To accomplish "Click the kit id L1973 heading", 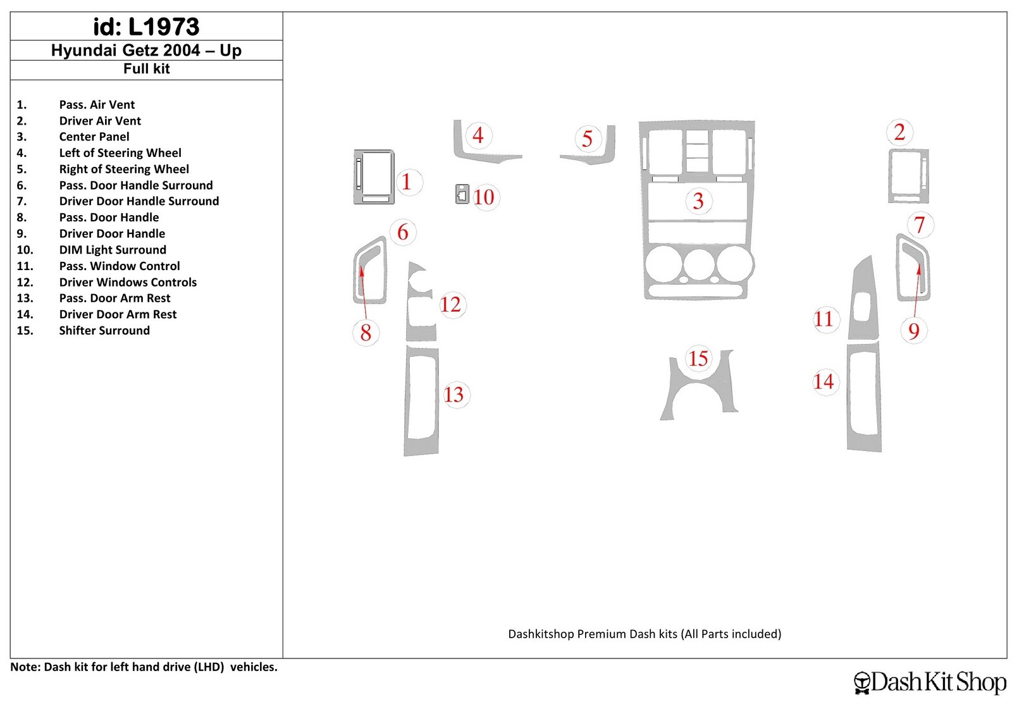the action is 146,27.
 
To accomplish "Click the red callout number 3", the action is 698,201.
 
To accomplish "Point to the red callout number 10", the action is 484,197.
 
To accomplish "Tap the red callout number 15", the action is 698,359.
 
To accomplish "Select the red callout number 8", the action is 366,333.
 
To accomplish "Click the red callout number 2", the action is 899,132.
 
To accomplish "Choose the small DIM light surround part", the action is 462,194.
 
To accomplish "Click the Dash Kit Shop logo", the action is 930,682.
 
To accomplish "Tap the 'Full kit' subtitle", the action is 146,69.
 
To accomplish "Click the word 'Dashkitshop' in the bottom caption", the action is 541,634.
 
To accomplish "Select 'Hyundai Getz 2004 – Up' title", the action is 146,50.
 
